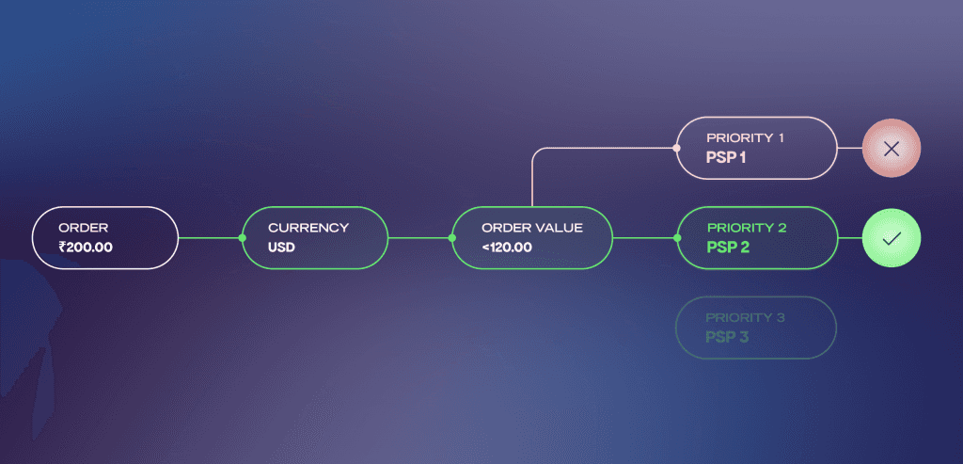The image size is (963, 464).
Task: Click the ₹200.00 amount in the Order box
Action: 86,248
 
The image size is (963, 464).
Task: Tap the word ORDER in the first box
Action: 84,228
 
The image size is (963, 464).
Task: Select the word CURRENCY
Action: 308,228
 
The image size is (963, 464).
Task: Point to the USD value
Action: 281,248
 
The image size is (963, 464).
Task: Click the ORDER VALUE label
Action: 532,228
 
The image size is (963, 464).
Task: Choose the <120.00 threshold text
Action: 507,248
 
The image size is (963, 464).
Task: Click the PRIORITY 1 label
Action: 746,137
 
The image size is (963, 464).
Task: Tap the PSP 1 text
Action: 726,157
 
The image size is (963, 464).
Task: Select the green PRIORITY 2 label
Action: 746,228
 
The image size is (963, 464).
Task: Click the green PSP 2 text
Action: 727,248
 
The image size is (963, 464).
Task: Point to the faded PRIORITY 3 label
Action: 745,317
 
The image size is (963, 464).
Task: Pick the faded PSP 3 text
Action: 727,336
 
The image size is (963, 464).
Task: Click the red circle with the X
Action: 892,149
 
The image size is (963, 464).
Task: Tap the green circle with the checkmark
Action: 892,238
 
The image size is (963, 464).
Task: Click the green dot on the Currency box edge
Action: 243,238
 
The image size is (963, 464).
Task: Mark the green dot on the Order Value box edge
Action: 452,238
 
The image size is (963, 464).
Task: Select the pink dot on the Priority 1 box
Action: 677,148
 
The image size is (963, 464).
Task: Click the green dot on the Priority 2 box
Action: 677,238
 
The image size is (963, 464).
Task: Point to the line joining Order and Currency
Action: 211,238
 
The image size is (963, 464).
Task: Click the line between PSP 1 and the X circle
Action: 849,149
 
